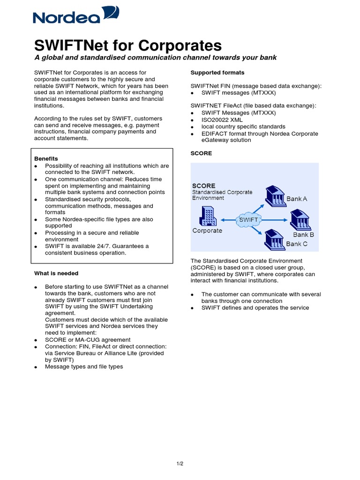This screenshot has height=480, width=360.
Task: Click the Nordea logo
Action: click(76, 16)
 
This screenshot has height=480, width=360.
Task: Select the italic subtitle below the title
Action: click(155, 58)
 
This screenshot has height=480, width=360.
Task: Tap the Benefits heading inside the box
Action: click(46, 159)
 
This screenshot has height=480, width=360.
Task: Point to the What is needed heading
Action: click(56, 273)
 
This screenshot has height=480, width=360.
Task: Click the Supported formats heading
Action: click(217, 73)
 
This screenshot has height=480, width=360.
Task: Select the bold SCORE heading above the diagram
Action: click(201, 153)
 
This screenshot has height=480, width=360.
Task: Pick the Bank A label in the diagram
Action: click(297, 199)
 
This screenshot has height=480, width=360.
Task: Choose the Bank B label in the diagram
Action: click(303, 234)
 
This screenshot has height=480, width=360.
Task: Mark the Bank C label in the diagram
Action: click(297, 244)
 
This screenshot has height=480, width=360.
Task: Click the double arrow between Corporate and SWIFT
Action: click(229, 219)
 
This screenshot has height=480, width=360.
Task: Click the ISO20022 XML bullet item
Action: click(222, 120)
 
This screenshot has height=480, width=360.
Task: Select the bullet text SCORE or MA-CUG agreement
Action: click(88, 340)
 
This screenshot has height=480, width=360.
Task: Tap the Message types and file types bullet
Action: click(84, 367)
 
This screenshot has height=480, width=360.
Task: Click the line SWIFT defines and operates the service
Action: click(255, 308)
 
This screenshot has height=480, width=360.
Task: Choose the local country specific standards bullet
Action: click(243, 127)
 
